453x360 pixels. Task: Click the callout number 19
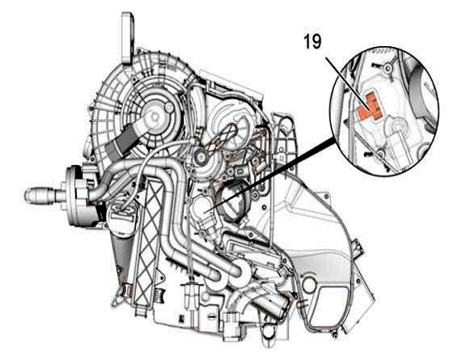pos(312,42)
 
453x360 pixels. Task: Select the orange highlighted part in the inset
pos(368,106)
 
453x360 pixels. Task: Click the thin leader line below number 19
pos(346,83)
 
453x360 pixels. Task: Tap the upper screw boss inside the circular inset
pos(387,68)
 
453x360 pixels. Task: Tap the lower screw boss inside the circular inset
pos(380,154)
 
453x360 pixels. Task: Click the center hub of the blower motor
pos(155,116)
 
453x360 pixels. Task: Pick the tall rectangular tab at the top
pos(128,37)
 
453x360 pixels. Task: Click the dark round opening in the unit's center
pos(233,201)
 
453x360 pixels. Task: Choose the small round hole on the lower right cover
pos(309,284)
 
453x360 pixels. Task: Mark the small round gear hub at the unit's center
pos(201,157)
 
